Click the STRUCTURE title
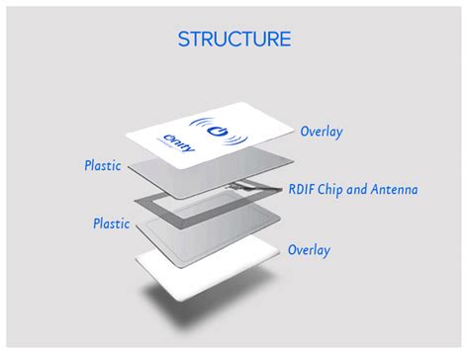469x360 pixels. coord(234,40)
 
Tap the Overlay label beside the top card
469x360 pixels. coord(322,131)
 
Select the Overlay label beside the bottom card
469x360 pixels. coord(309,249)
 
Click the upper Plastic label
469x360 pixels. coord(102,165)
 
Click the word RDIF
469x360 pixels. coord(303,189)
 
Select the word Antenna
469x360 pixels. coord(395,189)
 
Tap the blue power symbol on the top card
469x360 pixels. coord(222,126)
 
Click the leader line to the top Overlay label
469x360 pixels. coord(283,134)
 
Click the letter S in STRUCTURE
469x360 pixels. coord(184,40)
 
